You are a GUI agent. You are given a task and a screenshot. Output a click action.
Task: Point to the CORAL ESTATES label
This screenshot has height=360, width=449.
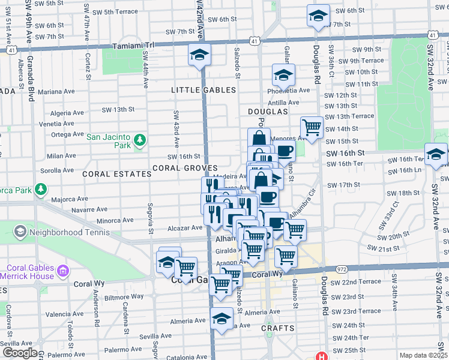click(117, 174)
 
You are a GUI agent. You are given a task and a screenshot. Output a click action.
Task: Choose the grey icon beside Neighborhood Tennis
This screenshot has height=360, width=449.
click(20, 232)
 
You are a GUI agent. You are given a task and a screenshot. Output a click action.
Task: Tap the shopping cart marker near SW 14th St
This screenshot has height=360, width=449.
click(312, 127)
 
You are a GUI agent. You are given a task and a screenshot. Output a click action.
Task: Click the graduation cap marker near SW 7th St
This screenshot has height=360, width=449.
click(318, 16)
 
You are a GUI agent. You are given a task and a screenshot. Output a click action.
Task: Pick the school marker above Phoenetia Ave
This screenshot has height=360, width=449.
click(283, 76)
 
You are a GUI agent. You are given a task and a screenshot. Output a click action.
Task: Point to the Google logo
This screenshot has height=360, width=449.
click(20, 352)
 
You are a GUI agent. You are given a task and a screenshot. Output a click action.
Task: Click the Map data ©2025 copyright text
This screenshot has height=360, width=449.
click(423, 355)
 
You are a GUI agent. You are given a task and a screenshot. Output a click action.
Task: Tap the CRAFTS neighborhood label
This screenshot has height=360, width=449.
click(278, 328)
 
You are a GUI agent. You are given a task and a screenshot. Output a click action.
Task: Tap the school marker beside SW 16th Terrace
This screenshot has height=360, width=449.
click(436, 155)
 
